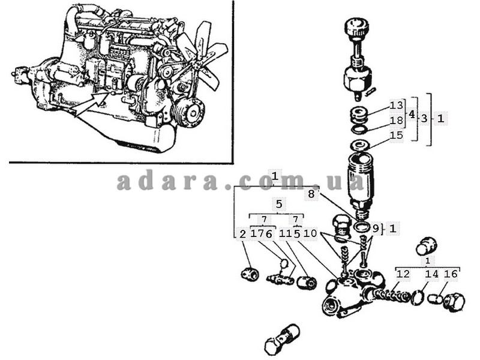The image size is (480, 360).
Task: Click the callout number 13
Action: [x=397, y=106]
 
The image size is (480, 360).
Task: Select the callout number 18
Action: [x=397, y=121]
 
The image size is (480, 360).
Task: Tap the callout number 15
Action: [x=397, y=135]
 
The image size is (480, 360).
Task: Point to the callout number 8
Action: [x=311, y=194]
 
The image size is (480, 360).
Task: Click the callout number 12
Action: [x=403, y=274]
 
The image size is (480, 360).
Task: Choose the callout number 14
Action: [x=431, y=274]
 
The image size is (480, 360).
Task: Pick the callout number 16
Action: [x=451, y=274]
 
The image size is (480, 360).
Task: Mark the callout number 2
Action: [x=242, y=234]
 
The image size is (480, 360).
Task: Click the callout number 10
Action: [x=310, y=233]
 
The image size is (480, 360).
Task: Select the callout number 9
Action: [x=376, y=229]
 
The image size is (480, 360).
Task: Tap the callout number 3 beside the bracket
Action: [x=424, y=118]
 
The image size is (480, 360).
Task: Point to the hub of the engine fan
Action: [x=194, y=62]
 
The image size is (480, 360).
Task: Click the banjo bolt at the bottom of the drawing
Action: [x=282, y=339]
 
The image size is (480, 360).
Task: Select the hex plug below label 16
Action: [x=454, y=302]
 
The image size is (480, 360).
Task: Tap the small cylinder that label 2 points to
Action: [x=250, y=274]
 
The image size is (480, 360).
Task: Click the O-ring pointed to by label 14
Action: [x=418, y=297]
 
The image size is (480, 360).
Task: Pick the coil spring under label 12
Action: [x=392, y=295]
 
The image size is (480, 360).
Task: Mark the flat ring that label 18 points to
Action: [x=359, y=129]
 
